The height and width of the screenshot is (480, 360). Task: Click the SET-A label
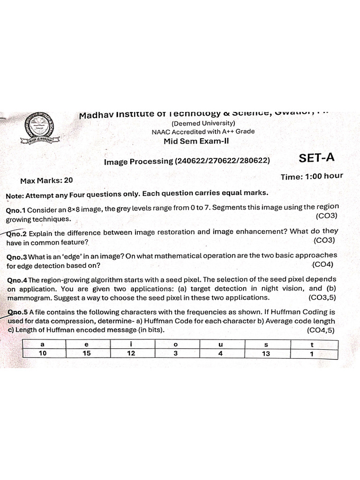click(x=316, y=158)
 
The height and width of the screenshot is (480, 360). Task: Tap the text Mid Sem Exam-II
click(x=196, y=141)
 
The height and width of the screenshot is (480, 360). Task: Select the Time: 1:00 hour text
click(x=312, y=176)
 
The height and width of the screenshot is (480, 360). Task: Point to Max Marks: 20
click(x=46, y=180)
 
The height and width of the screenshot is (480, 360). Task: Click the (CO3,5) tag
click(x=322, y=298)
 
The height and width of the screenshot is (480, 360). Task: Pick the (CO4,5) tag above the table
click(x=321, y=330)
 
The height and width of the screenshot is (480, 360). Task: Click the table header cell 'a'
click(x=43, y=345)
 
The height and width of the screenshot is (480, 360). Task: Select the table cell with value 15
click(x=87, y=354)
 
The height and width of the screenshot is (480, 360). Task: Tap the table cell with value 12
click(x=131, y=354)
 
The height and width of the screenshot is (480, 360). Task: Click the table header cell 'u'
click(x=221, y=345)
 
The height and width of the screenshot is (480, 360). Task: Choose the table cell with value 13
click(x=266, y=354)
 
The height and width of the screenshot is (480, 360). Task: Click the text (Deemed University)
click(x=200, y=123)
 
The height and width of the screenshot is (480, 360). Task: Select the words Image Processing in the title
click(x=138, y=161)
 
